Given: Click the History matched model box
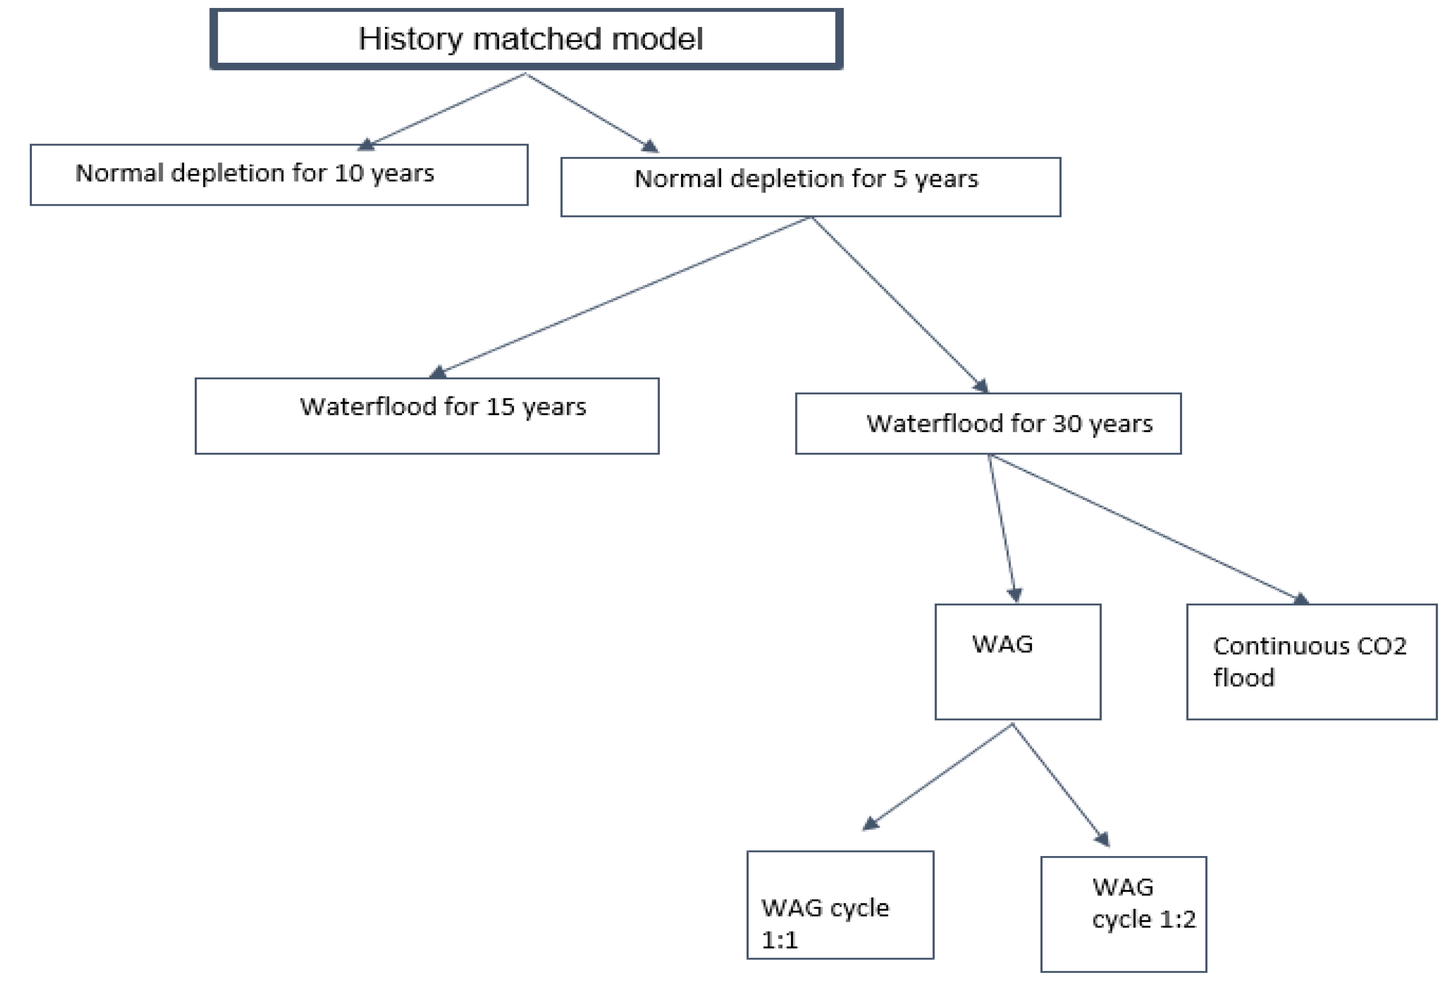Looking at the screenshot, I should [527, 39].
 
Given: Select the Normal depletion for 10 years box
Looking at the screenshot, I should [279, 175].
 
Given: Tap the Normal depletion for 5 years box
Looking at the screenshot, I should [810, 187].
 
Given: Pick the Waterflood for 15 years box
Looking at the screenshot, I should [427, 416].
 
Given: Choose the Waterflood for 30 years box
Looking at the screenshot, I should [988, 423].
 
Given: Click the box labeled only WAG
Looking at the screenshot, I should [1018, 661].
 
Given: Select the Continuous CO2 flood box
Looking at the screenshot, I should [1311, 661].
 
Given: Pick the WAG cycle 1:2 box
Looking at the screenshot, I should [1123, 914].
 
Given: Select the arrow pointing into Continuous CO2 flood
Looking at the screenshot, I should [1147, 527].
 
